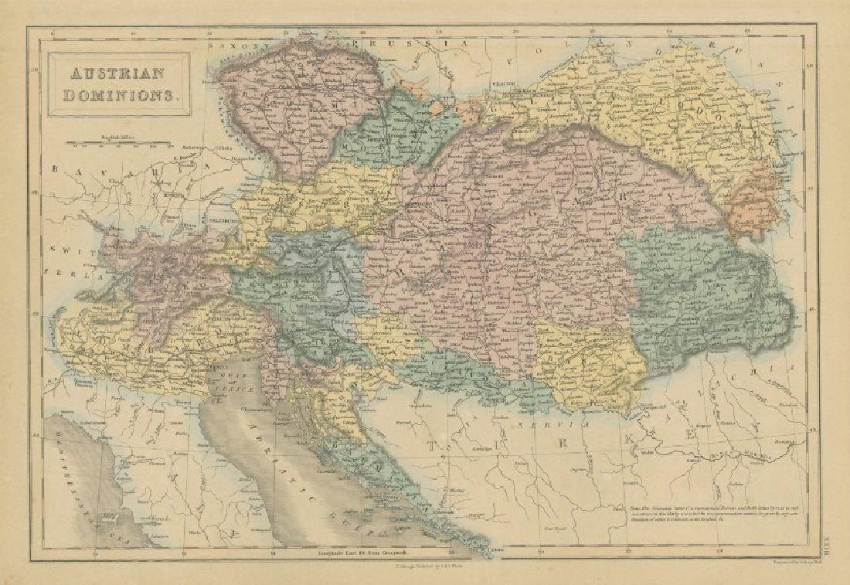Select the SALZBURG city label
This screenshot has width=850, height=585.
point(219,219)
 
